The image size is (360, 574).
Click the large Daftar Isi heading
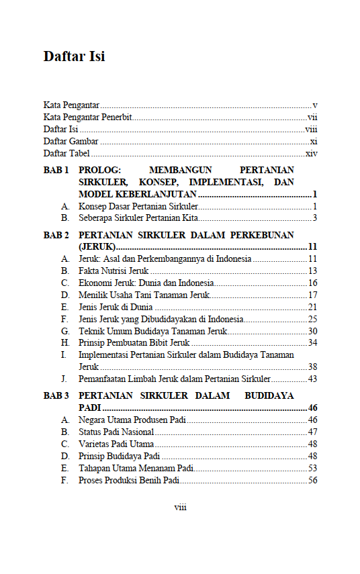tap(74, 56)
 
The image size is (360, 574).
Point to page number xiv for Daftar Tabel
tap(311, 154)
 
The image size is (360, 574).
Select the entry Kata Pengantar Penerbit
tap(87, 117)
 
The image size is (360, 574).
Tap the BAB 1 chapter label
tap(56, 171)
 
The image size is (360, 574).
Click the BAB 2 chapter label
tap(56, 235)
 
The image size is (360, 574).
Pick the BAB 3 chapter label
tap(56, 396)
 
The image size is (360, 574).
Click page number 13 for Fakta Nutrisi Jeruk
tap(312, 271)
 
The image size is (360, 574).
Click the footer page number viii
tap(180, 508)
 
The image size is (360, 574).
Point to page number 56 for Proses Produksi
tap(312, 480)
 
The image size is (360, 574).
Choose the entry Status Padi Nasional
tap(116, 432)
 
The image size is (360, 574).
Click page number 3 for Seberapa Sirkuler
tap(314, 218)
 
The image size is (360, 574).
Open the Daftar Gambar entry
tap(71, 142)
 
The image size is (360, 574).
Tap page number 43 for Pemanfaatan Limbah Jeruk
tap(312, 379)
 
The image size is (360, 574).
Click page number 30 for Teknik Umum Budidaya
tap(312, 331)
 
